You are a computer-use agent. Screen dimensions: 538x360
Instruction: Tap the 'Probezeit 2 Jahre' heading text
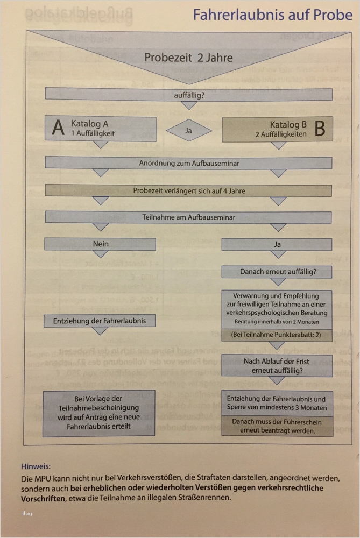(x=188, y=57)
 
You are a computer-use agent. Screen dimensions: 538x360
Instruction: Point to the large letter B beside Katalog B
(x=319, y=129)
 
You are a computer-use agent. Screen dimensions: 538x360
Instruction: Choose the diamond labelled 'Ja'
(x=189, y=130)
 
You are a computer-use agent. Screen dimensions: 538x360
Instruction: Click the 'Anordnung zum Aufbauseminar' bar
(x=188, y=162)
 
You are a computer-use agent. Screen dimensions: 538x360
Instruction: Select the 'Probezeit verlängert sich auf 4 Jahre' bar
(x=188, y=190)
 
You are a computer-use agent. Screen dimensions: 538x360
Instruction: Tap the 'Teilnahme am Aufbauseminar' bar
(x=188, y=217)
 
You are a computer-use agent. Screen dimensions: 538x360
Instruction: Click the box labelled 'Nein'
(x=101, y=244)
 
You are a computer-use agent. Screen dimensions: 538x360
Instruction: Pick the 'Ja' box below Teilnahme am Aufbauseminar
(x=278, y=244)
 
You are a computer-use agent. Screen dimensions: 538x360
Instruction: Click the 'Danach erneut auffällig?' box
(x=278, y=272)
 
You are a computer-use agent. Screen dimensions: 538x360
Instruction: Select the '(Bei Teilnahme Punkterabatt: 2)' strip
(x=278, y=334)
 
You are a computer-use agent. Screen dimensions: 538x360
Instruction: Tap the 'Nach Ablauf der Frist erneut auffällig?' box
(x=278, y=366)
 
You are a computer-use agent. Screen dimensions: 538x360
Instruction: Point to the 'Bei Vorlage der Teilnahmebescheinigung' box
(x=100, y=414)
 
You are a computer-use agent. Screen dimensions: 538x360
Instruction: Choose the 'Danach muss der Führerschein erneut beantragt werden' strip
(x=278, y=426)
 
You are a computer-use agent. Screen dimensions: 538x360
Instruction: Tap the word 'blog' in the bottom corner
(x=27, y=513)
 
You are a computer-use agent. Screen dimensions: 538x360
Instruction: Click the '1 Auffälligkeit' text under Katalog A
(x=93, y=132)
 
